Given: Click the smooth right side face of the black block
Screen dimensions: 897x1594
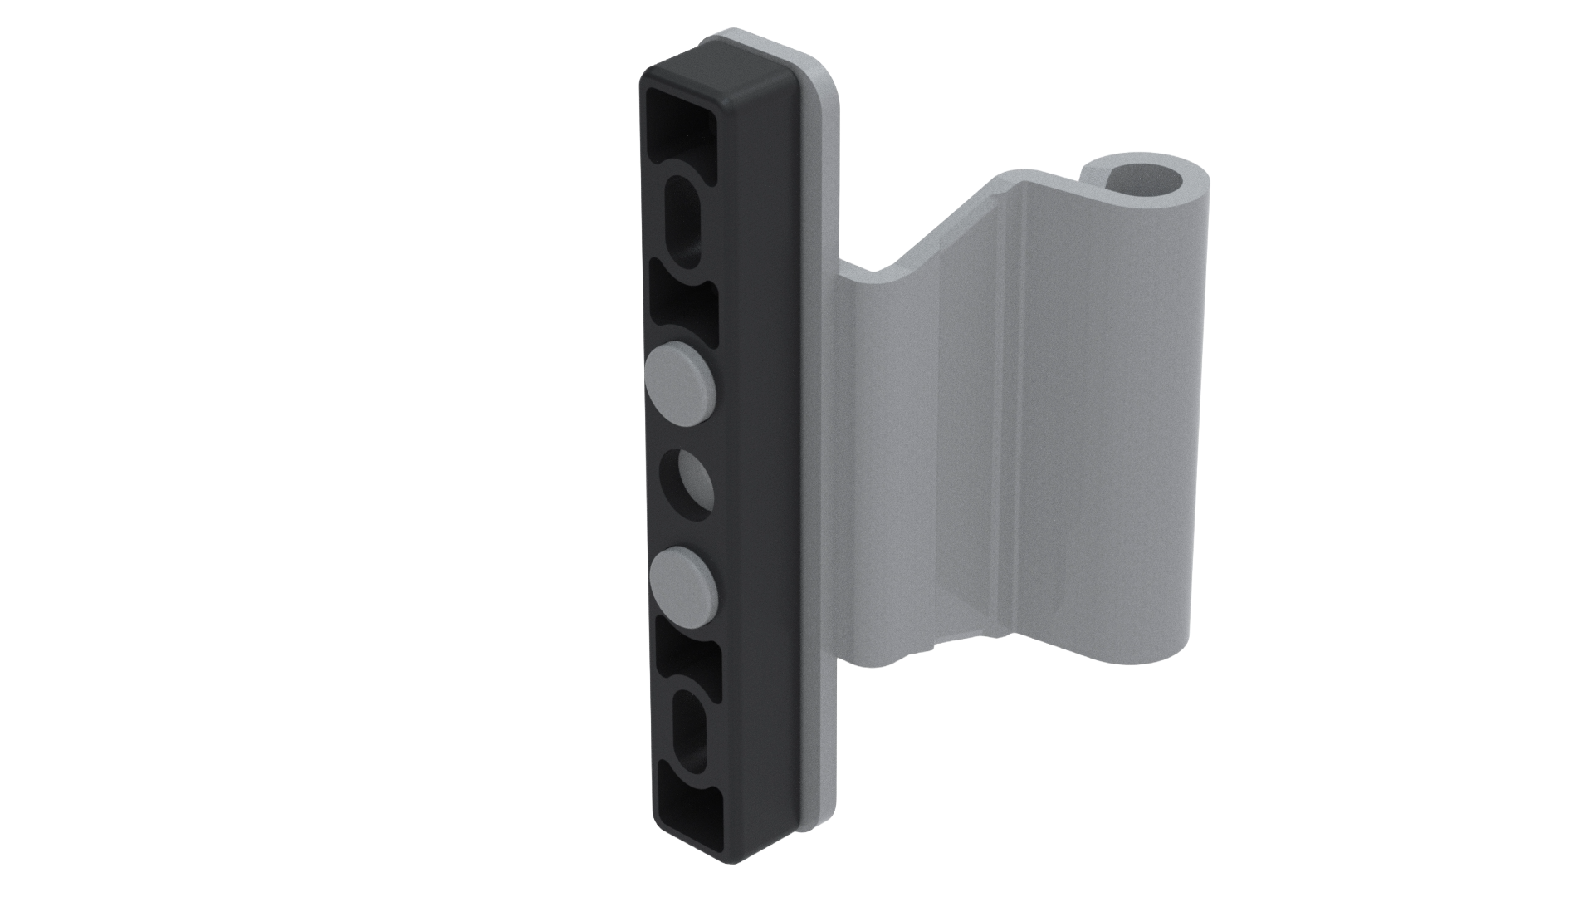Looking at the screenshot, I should (x=760, y=457).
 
